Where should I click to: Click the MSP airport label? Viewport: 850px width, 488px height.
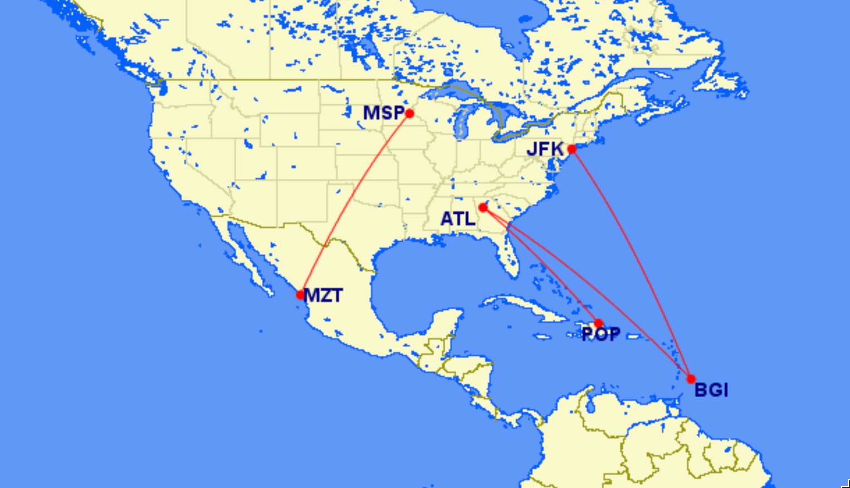click(x=383, y=113)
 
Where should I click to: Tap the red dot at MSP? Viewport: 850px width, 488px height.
click(x=409, y=114)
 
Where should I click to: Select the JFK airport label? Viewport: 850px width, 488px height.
click(x=545, y=149)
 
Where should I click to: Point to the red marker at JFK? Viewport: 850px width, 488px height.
click(x=571, y=149)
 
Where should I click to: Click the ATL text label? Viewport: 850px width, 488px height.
click(x=458, y=219)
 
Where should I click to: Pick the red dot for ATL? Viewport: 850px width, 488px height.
click(x=483, y=208)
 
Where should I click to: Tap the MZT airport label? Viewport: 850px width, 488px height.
click(x=324, y=295)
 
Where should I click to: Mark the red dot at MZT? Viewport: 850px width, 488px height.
click(x=300, y=295)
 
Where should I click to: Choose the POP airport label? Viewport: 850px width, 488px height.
click(x=600, y=334)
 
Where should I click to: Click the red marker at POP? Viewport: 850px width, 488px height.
click(x=599, y=323)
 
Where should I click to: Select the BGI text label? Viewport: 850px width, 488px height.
click(x=711, y=390)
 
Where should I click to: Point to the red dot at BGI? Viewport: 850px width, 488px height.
click(x=691, y=379)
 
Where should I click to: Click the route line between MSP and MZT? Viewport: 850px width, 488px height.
click(x=355, y=204)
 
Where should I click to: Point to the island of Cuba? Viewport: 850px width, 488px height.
click(x=524, y=308)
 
